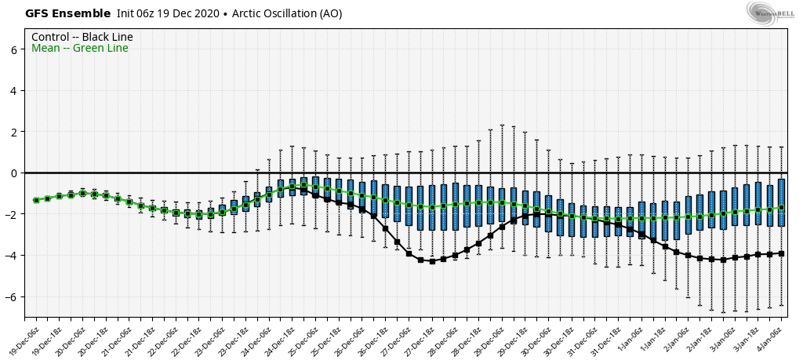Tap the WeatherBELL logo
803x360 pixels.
766,13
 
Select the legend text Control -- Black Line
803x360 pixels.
82,37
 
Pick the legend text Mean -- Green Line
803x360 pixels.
80,49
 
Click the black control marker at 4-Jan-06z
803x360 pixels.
781,253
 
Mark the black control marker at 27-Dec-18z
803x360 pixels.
432,261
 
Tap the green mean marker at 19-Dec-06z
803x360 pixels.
36,200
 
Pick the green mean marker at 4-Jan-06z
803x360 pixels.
781,208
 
